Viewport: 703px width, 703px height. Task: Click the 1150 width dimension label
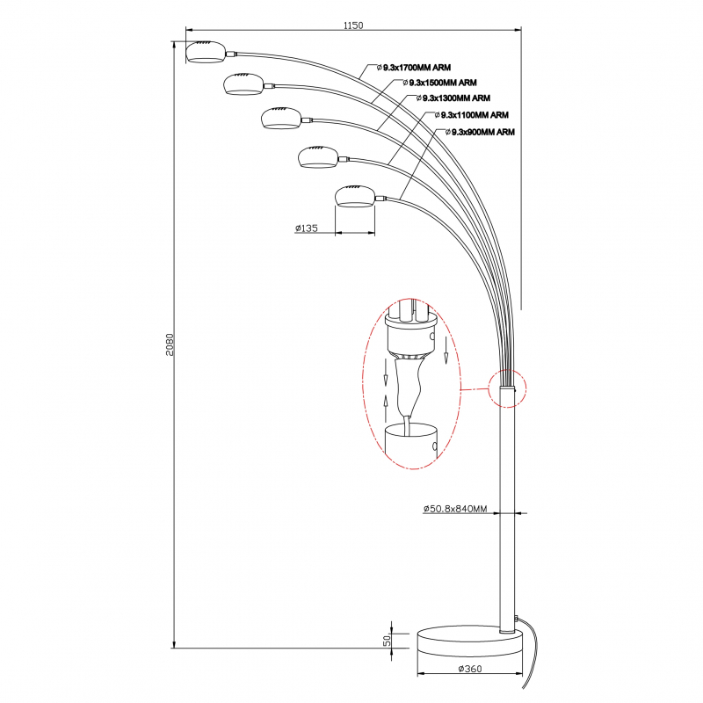coord(353,25)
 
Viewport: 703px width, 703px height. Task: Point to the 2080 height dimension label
coord(170,344)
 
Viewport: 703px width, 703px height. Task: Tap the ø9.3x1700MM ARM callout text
coord(413,68)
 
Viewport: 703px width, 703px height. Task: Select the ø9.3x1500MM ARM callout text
coord(439,83)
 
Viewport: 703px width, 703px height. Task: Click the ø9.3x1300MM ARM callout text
coord(453,98)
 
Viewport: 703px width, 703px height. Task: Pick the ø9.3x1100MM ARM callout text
coord(471,115)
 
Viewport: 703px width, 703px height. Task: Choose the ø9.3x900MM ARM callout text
coord(480,132)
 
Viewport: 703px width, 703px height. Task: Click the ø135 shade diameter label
coord(307,228)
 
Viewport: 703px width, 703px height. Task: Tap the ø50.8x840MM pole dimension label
coord(455,509)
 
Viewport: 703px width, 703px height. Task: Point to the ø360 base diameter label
coord(470,669)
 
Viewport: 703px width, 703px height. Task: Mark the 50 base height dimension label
coord(387,641)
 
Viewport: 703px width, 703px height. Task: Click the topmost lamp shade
coord(206,52)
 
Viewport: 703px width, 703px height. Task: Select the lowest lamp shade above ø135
coord(355,196)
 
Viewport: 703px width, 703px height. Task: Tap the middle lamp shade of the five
coord(281,118)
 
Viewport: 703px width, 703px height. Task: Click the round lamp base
coord(470,642)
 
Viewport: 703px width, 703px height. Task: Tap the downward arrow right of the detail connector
coord(446,350)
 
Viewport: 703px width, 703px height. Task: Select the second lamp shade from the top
coord(243,84)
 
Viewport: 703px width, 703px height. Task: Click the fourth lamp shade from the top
coord(318,157)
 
